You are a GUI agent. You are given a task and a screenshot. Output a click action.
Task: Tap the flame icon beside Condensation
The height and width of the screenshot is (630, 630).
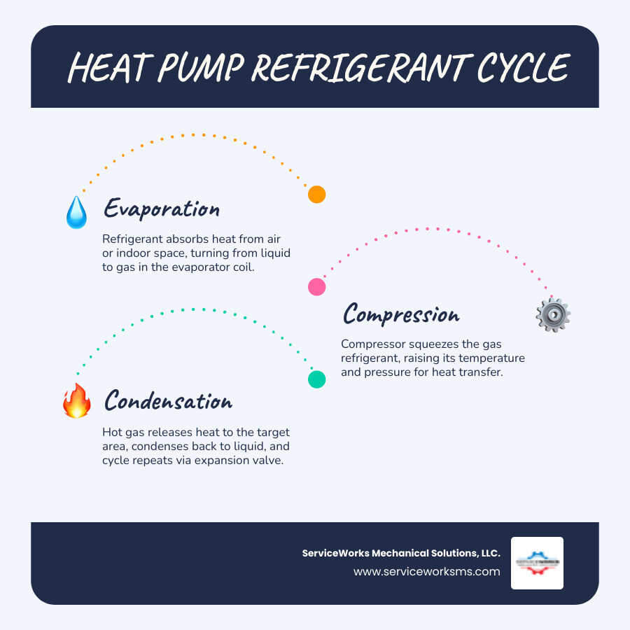(76, 401)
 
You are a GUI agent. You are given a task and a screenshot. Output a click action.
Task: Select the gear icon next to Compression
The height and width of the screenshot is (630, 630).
(552, 315)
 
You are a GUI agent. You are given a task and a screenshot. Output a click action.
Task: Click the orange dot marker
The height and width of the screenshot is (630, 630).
(316, 195)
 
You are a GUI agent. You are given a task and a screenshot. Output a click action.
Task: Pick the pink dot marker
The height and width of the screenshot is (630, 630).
(316, 286)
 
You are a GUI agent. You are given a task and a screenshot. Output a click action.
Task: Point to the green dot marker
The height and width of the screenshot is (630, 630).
(316, 379)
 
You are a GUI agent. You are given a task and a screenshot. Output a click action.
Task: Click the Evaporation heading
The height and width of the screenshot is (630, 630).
(162, 209)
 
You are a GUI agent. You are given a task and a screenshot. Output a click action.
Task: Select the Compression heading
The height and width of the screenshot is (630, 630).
(401, 314)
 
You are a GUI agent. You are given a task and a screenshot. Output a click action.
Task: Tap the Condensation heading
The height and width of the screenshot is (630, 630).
(168, 401)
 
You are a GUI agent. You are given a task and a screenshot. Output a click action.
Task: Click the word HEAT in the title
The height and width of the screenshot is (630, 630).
(110, 69)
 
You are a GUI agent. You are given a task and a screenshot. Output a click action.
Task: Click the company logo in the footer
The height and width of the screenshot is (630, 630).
(537, 563)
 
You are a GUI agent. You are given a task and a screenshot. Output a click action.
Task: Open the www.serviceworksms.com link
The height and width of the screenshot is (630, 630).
(427, 571)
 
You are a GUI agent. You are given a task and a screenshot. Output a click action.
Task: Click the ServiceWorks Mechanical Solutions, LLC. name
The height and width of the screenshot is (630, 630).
(401, 553)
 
